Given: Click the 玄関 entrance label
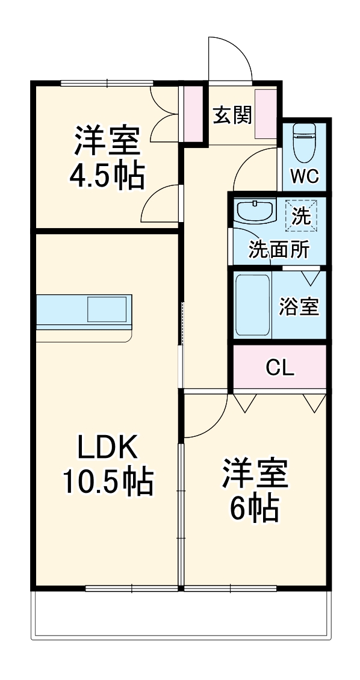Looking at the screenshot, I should click(x=232, y=114).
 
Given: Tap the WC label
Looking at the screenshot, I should click(x=305, y=176).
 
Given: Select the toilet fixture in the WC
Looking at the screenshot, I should click(x=303, y=143).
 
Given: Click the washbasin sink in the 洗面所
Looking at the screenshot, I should click(x=255, y=211).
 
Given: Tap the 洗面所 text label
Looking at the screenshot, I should click(x=279, y=249).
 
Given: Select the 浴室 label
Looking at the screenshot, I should click(x=299, y=306).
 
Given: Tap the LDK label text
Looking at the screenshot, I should click(x=107, y=448).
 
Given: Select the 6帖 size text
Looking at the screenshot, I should click(x=255, y=509).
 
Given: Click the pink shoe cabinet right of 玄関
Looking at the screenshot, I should click(x=265, y=114).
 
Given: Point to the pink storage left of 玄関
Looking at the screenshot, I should click(x=193, y=114).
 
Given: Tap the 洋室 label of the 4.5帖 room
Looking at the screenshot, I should click(x=107, y=141).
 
